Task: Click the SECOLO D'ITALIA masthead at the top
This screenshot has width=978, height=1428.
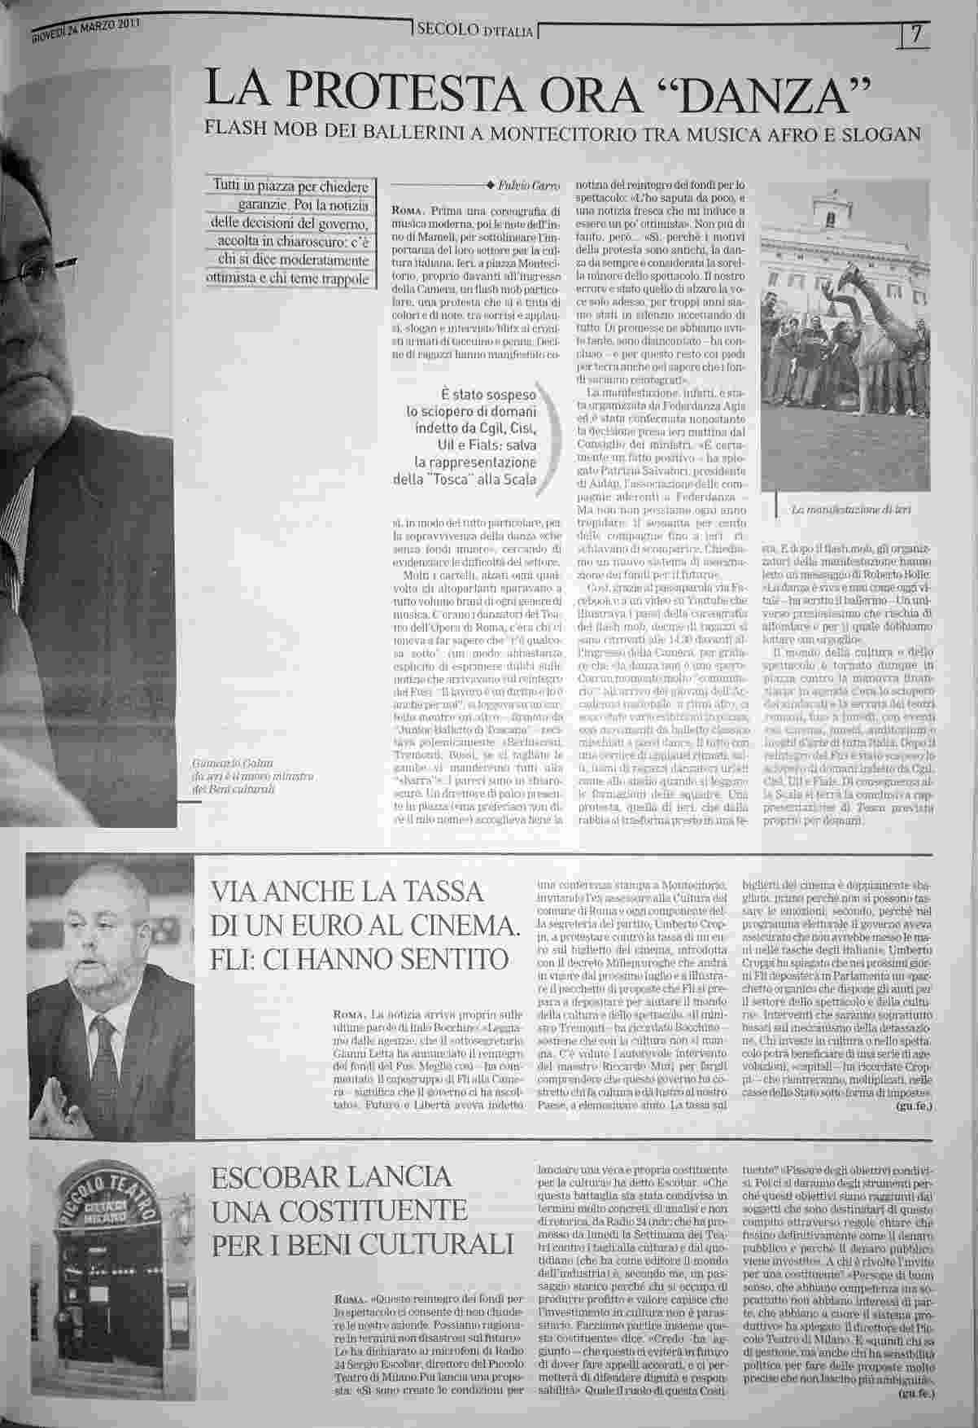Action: [x=475, y=31]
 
